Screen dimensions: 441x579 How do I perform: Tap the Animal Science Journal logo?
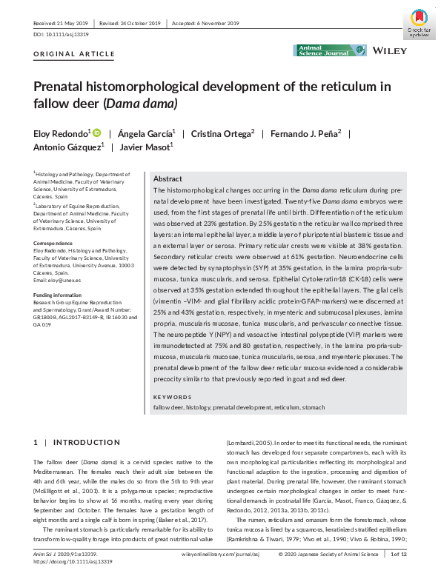coord(330,50)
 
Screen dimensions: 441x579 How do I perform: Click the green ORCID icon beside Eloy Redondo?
coord(96,133)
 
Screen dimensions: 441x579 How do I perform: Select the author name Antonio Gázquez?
coord(64,147)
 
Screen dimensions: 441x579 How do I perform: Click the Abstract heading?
coord(168,179)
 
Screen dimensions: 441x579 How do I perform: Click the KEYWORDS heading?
coord(172,398)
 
